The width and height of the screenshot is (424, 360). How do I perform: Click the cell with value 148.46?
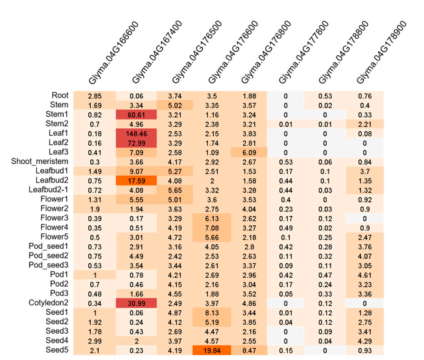136,133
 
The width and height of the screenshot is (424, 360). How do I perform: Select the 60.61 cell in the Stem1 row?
136,115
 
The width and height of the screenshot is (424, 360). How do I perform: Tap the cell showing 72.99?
136,143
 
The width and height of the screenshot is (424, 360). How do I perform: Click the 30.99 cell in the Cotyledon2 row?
136,303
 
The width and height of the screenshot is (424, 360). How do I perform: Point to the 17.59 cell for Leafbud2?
136,180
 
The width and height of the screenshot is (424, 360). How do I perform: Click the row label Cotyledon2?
48,303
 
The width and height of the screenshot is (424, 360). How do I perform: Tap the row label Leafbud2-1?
49,190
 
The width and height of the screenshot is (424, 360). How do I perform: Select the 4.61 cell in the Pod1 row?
364,275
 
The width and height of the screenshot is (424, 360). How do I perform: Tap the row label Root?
60,95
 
